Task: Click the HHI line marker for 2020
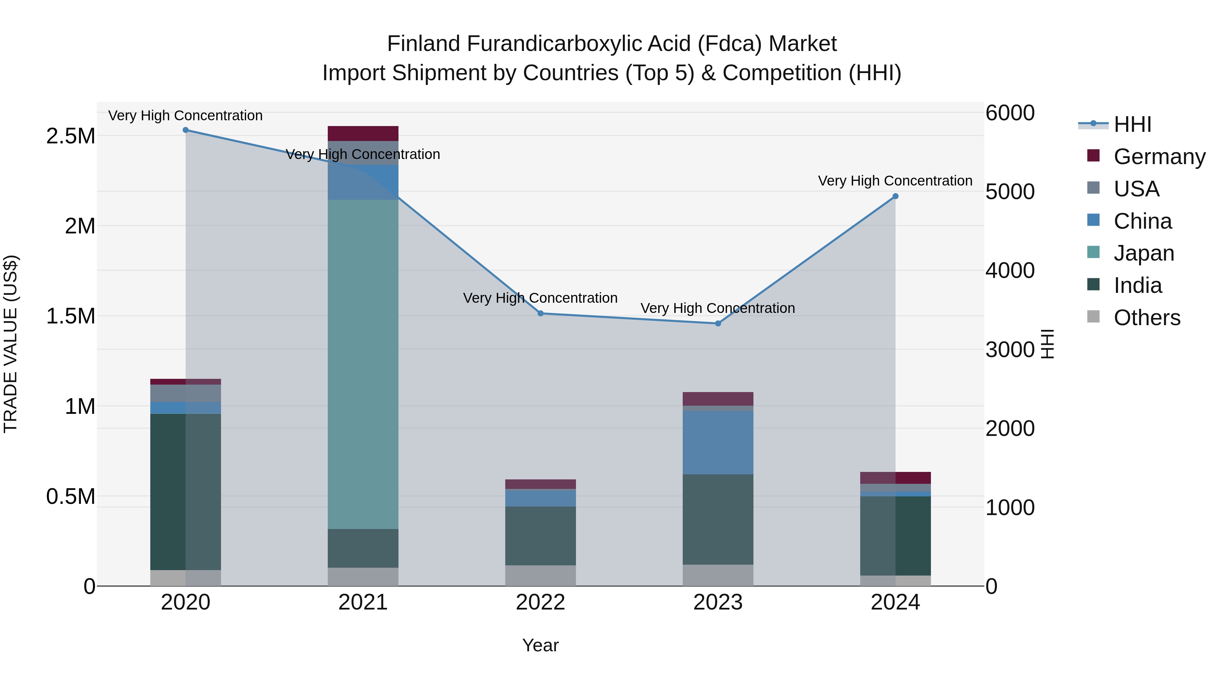(x=186, y=130)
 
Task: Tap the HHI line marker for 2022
(x=540, y=313)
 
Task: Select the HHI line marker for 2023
(x=718, y=323)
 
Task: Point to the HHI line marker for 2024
(x=895, y=196)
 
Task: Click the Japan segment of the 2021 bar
(x=363, y=364)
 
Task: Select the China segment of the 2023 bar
(x=718, y=442)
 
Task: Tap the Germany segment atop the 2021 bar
(x=363, y=134)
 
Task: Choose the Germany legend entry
(x=1159, y=157)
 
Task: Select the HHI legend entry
(x=1132, y=124)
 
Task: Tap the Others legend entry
(x=1146, y=318)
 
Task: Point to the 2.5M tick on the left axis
(x=70, y=136)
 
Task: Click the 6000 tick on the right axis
(x=1010, y=113)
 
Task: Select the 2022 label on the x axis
(x=540, y=602)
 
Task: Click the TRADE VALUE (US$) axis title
(x=11, y=344)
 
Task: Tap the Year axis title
(x=540, y=645)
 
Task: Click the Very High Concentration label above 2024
(x=895, y=181)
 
